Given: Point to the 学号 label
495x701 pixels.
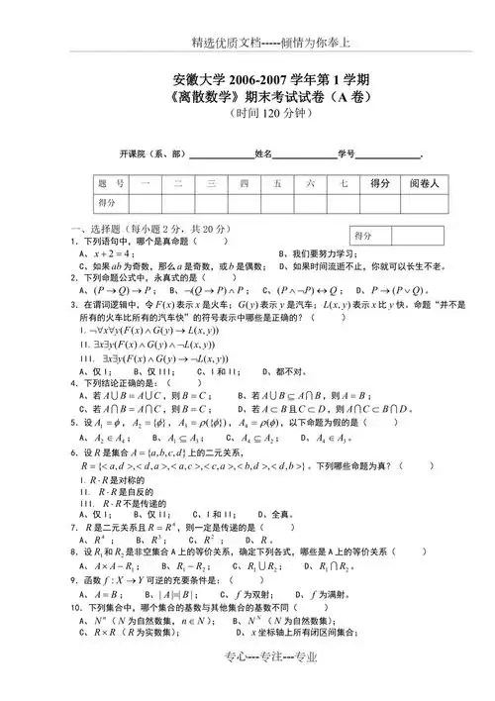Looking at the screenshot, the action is (x=346, y=154).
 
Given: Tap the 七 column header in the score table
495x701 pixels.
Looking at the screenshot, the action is (x=343, y=183).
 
